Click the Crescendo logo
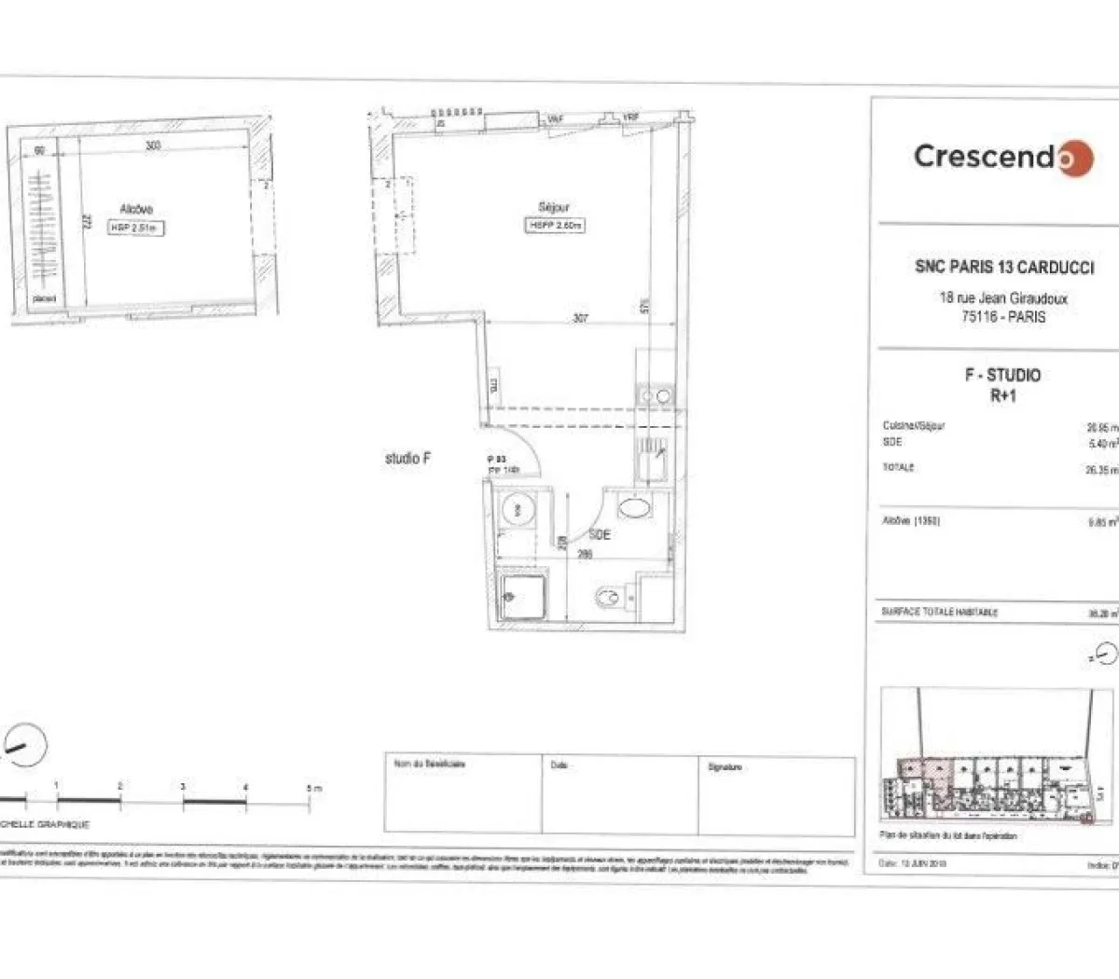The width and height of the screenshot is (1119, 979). [x=1002, y=157]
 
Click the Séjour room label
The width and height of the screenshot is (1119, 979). [x=554, y=207]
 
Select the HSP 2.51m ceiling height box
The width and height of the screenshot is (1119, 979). [x=136, y=227]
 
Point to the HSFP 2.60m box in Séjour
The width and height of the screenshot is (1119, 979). [x=556, y=226]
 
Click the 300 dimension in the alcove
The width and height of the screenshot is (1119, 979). [x=153, y=146]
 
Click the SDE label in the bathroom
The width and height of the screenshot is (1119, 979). [x=600, y=534]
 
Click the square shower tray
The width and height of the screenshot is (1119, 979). [x=524, y=594]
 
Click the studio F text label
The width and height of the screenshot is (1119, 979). [x=408, y=459]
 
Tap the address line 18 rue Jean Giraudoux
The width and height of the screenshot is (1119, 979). [x=1003, y=299]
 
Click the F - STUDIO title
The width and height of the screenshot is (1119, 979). [x=1002, y=375]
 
